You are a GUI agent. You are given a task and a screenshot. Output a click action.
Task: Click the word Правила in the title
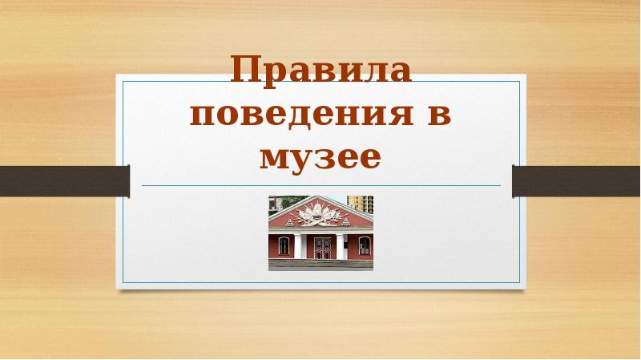coord(320,72)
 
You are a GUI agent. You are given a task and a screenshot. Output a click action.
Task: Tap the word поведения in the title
coord(300,115)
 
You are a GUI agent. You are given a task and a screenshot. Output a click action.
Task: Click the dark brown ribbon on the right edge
coord(576,180)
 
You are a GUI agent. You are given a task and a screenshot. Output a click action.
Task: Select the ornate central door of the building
coord(322,246)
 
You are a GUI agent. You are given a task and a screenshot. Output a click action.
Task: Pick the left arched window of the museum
coord(282,245)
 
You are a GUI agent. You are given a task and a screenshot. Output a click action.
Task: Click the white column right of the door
coord(342,245)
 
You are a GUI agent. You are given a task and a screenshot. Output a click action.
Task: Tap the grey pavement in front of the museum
coord(320,265)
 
